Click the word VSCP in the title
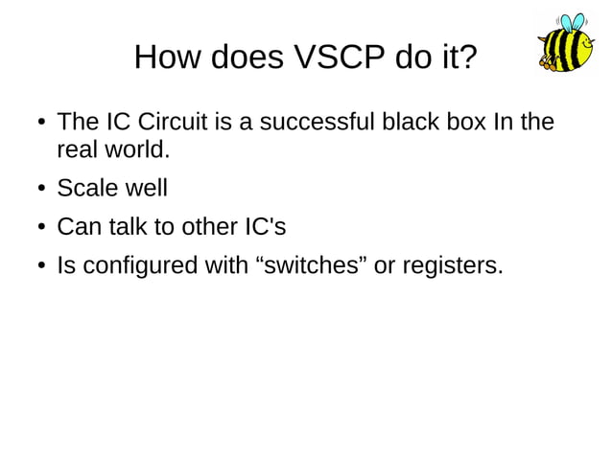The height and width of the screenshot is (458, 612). (335, 57)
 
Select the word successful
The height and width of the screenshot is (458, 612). (304, 124)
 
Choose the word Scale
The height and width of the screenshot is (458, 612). (88, 189)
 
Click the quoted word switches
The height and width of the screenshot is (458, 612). (312, 266)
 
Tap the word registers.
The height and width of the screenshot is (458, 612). (451, 266)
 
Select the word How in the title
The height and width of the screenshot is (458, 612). (165, 57)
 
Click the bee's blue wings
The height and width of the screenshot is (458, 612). (573, 23)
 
